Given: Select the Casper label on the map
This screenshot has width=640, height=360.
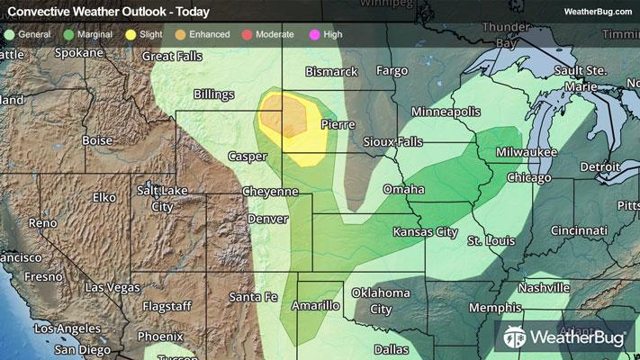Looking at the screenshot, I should [x=247, y=156].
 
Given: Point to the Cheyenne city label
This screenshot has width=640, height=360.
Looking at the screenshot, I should [x=270, y=192].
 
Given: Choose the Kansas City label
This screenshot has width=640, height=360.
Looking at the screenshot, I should [x=426, y=232].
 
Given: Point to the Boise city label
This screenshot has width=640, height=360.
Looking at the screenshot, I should [x=97, y=140].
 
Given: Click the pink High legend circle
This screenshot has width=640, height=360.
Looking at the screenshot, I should [x=315, y=33].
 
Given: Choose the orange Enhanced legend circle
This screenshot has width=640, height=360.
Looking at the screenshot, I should [x=180, y=33].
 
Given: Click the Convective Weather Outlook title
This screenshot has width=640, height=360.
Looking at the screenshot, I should [x=108, y=12].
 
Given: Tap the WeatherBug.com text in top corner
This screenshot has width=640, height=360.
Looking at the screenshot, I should [x=597, y=12].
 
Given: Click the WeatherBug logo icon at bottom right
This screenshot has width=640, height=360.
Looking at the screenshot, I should [x=516, y=337].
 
